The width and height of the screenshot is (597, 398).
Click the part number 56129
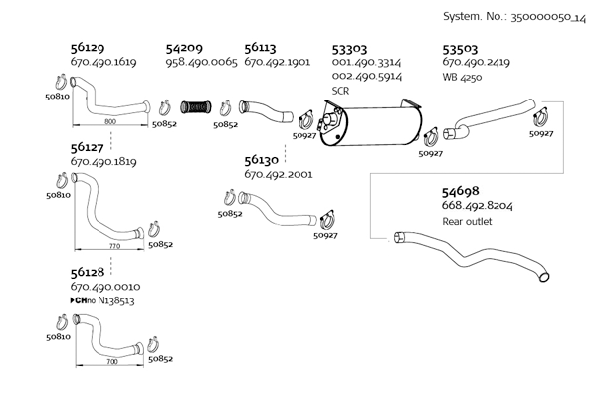click(x=89, y=47)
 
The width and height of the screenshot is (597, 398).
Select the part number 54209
click(x=184, y=47)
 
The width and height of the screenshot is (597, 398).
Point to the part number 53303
click(x=349, y=47)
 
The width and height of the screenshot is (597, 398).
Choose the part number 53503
click(x=461, y=47)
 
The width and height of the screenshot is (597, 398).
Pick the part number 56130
click(x=262, y=159)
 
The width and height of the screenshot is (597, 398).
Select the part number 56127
click(x=89, y=147)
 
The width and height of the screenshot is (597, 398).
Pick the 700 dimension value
click(x=111, y=362)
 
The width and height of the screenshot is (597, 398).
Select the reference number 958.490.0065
click(x=201, y=62)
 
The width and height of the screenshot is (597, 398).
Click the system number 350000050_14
click(x=541, y=17)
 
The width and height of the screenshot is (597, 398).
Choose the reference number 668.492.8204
click(x=478, y=206)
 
